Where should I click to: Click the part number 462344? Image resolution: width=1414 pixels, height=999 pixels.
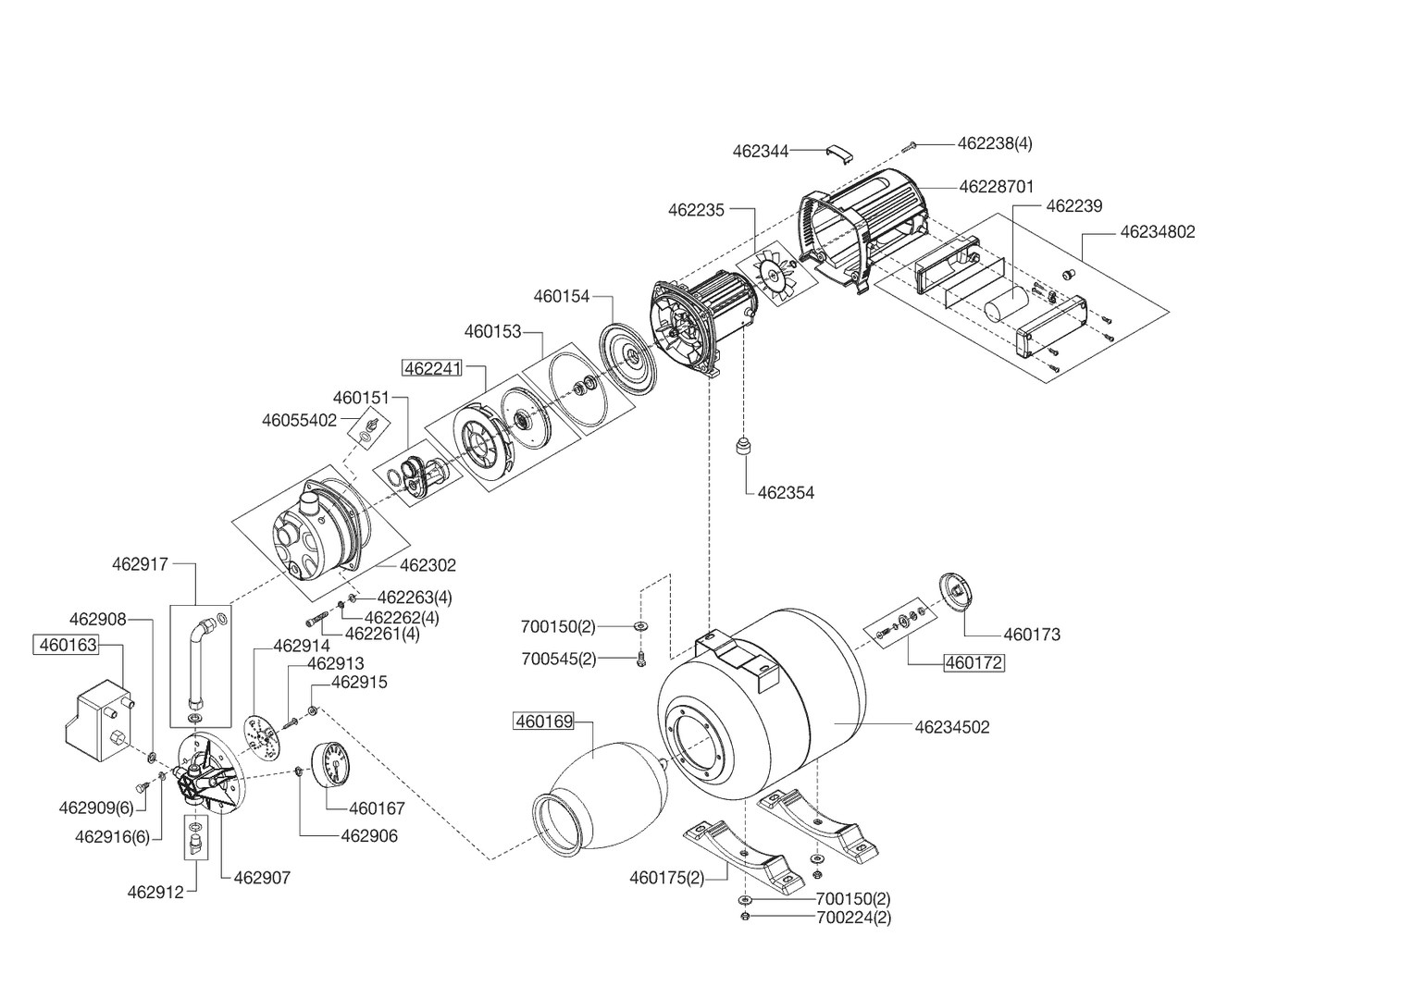[x=761, y=151]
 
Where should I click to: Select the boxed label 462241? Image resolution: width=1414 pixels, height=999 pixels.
[x=431, y=368]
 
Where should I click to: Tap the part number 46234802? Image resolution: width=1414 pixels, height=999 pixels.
[x=1157, y=232]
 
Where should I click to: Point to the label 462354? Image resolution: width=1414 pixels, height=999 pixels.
[x=786, y=493]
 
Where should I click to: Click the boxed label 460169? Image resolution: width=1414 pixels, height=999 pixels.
[x=544, y=721]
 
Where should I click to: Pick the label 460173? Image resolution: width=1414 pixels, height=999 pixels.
[x=1032, y=635]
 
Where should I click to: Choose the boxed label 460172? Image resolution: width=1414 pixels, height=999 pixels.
[x=974, y=662]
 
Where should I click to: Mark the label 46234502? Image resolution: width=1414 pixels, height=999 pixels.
[x=951, y=728]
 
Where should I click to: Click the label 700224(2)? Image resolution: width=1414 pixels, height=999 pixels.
[x=853, y=918]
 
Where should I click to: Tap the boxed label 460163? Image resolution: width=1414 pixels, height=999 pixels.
[x=67, y=645]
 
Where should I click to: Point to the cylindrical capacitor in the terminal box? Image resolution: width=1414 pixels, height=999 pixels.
[x=1005, y=303]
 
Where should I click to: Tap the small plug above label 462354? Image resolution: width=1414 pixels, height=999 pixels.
[x=742, y=448]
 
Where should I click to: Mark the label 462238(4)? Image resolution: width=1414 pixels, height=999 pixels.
[x=995, y=143]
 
